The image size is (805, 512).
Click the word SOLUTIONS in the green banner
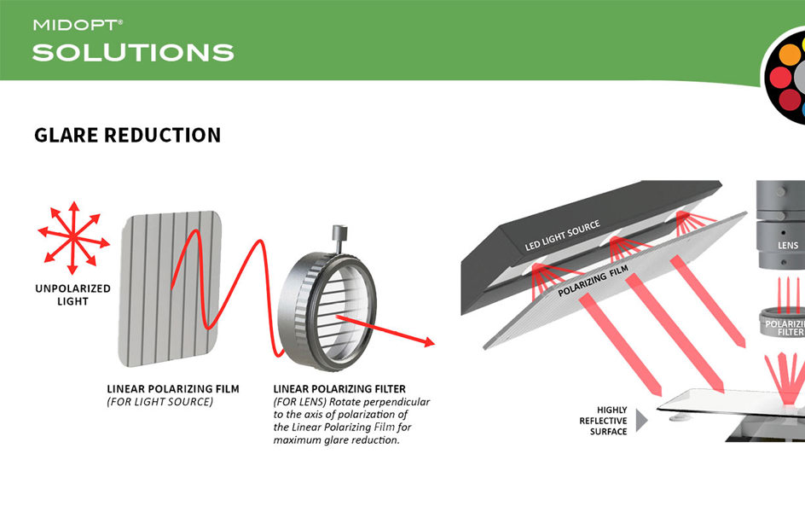pyautogui.click(x=133, y=53)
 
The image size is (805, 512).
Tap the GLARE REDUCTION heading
pyautogui.click(x=127, y=135)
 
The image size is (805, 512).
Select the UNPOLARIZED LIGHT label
pyautogui.click(x=72, y=294)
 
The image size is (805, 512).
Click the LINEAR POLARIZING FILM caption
pyautogui.click(x=173, y=388)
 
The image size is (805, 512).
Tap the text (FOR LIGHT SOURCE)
pyautogui.click(x=159, y=401)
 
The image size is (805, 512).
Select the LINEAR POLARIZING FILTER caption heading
pyautogui.click(x=339, y=388)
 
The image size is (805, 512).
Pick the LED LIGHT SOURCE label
pyautogui.click(x=562, y=236)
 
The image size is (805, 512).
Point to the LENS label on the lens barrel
pyautogui.click(x=788, y=245)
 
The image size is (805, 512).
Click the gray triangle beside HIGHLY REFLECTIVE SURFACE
pyautogui.click(x=641, y=420)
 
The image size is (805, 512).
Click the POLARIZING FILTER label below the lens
pyautogui.click(x=785, y=329)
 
